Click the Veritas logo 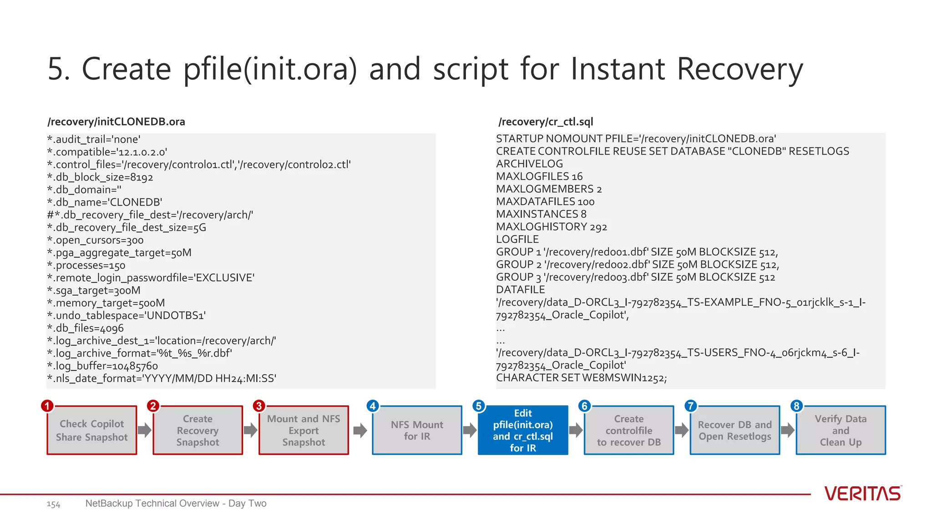click(x=862, y=494)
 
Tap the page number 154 click(x=53, y=504)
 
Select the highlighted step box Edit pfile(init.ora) click(x=523, y=430)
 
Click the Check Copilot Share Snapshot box click(x=92, y=430)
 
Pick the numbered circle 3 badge click(x=259, y=406)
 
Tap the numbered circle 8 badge click(x=796, y=406)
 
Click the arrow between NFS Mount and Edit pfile click(x=470, y=430)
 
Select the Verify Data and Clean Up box click(x=841, y=430)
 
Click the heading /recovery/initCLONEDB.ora click(x=116, y=122)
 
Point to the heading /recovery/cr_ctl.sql click(x=545, y=122)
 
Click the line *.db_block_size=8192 click(x=100, y=177)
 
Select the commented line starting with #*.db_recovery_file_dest click(x=150, y=215)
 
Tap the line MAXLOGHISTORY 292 click(x=551, y=227)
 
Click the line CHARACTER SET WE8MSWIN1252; click(x=581, y=378)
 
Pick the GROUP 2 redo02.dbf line click(x=637, y=264)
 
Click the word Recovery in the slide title click(x=740, y=69)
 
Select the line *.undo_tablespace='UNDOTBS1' click(x=127, y=316)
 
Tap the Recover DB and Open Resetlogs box click(x=734, y=430)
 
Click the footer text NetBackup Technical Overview click(x=176, y=504)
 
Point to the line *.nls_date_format click(x=162, y=378)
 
